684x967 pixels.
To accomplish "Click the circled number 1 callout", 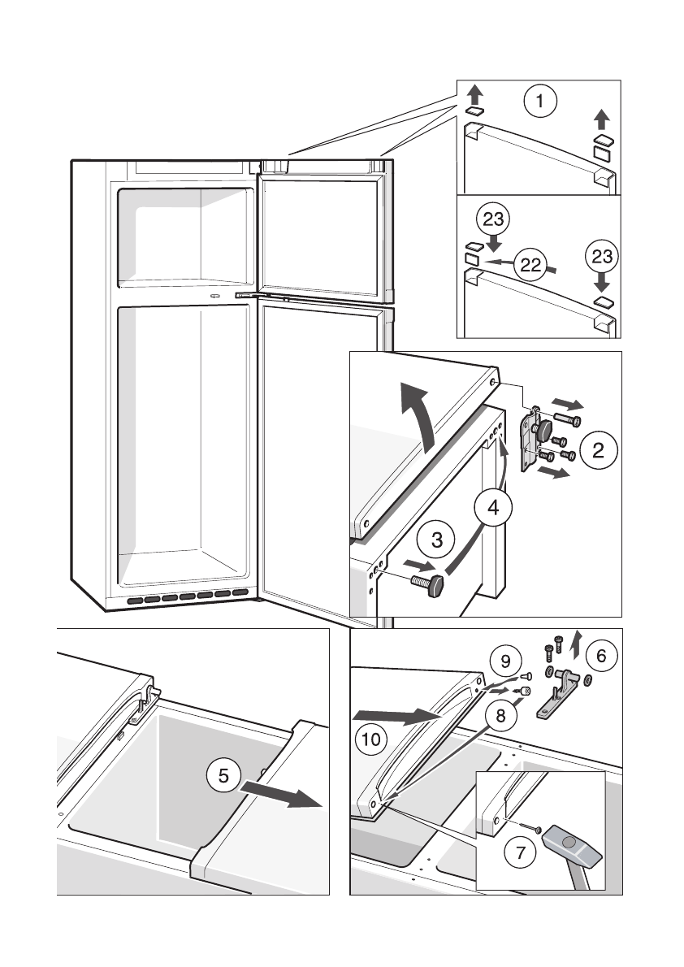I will [x=540, y=103].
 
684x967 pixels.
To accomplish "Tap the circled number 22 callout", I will [x=530, y=264].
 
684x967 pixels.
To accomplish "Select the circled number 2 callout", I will [x=597, y=449].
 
